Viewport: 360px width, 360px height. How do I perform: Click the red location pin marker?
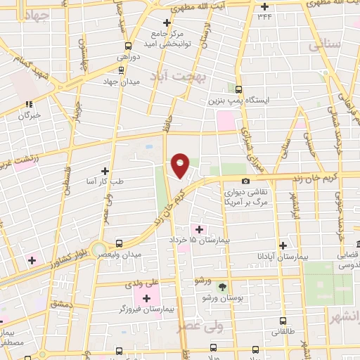point(181,165)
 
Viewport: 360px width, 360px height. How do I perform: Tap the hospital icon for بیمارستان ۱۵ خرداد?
point(198,229)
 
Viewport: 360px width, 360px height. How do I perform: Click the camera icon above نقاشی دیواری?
point(245,181)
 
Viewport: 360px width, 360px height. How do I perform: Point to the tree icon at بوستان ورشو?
point(223,286)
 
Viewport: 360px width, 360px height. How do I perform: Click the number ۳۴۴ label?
point(264,15)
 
